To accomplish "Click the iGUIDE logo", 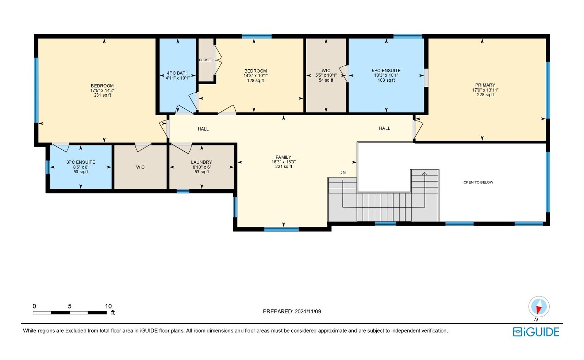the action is pos(536,332).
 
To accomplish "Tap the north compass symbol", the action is pos(539,307).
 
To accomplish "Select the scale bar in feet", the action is pos(70,313).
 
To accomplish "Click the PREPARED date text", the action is pos(292,311).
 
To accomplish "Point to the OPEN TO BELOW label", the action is pos(478,182).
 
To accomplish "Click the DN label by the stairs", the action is pos(342,173).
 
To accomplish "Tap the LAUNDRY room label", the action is pos(201,162).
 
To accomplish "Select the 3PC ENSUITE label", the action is pos(81,162).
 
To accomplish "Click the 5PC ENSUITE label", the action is pos(386,71).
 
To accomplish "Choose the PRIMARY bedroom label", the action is pos(485,85).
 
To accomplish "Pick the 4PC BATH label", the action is pos(177,73).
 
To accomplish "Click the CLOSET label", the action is pos(206,60).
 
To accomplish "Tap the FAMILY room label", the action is pos(283,157).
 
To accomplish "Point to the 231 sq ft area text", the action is pos(103,95).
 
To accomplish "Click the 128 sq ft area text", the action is pos(255,81).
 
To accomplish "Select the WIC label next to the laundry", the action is pos(140,167).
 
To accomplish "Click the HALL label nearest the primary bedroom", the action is pos(385,128).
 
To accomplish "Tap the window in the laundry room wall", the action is pos(183,191).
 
